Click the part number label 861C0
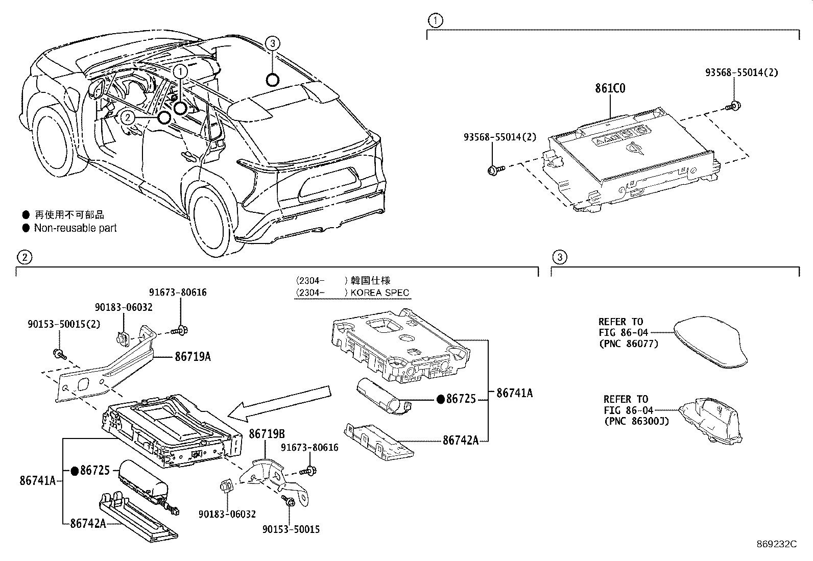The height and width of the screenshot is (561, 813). click(x=610, y=88)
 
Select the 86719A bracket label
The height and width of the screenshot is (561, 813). click(x=193, y=357)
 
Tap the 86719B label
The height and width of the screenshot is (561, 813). click(x=267, y=434)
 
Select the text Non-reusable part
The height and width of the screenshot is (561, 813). click(x=75, y=228)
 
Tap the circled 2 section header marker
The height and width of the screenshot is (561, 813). click(x=25, y=257)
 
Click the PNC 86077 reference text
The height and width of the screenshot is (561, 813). click(x=628, y=344)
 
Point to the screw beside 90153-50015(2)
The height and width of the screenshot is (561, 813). click(x=59, y=353)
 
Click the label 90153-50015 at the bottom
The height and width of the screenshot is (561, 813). click(x=291, y=529)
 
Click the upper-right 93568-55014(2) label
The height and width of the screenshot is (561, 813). click(x=742, y=72)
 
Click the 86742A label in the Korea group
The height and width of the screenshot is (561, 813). click(x=460, y=440)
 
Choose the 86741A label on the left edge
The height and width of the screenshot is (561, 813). click(x=37, y=480)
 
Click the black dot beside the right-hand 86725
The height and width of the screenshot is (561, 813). click(x=441, y=399)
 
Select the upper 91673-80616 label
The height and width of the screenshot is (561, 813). click(x=178, y=292)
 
